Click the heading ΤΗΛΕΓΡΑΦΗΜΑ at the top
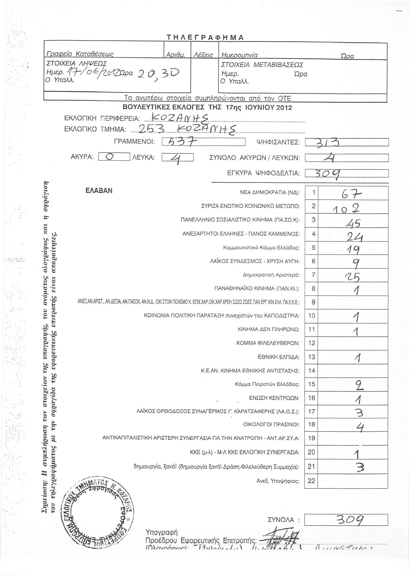[x=205, y=37]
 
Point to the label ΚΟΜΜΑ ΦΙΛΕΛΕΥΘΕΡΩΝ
[x=268, y=343]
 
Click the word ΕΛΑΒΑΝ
[x=99, y=191]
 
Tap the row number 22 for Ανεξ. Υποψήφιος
[x=312, y=481]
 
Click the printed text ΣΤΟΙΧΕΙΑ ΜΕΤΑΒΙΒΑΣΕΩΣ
[x=263, y=65]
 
